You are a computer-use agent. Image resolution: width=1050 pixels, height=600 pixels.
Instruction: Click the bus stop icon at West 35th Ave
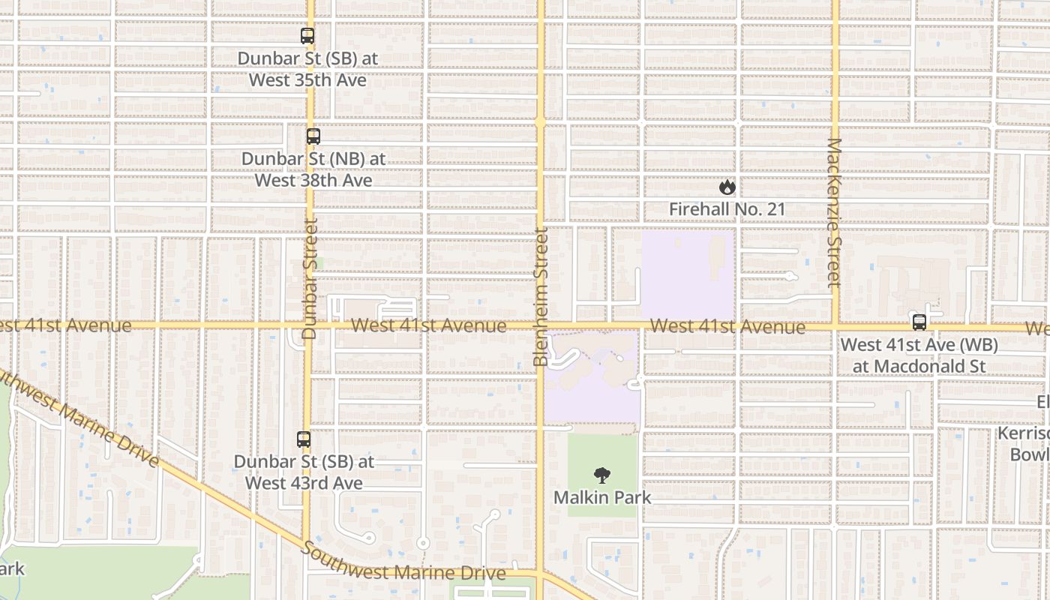point(307,35)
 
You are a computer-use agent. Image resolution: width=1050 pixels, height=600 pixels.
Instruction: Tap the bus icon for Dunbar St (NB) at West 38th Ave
point(313,136)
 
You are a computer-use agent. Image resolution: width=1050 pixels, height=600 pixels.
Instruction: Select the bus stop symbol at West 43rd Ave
point(304,439)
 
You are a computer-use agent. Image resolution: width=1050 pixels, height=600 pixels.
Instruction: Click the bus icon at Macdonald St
point(919,322)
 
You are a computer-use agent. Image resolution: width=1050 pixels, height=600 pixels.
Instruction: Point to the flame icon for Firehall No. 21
point(727,187)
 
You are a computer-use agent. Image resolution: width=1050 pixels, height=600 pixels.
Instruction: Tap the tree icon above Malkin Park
point(601,475)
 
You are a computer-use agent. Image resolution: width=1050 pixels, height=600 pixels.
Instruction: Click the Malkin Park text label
point(602,497)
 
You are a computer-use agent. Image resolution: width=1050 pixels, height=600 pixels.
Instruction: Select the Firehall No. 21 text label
point(727,209)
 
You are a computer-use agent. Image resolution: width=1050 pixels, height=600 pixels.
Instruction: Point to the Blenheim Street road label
point(541,297)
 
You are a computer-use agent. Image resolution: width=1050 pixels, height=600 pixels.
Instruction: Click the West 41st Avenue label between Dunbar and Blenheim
point(428,325)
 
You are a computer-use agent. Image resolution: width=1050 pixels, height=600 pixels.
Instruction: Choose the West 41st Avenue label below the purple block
point(727,327)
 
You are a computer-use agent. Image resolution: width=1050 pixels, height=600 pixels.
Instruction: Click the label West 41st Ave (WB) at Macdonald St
point(919,355)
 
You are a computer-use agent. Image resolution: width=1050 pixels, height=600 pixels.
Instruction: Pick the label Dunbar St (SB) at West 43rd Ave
point(304,472)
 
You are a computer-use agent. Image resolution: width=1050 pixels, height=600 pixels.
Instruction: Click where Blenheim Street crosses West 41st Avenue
point(540,325)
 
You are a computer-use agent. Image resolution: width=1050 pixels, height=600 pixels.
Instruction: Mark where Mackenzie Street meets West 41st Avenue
point(835,326)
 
